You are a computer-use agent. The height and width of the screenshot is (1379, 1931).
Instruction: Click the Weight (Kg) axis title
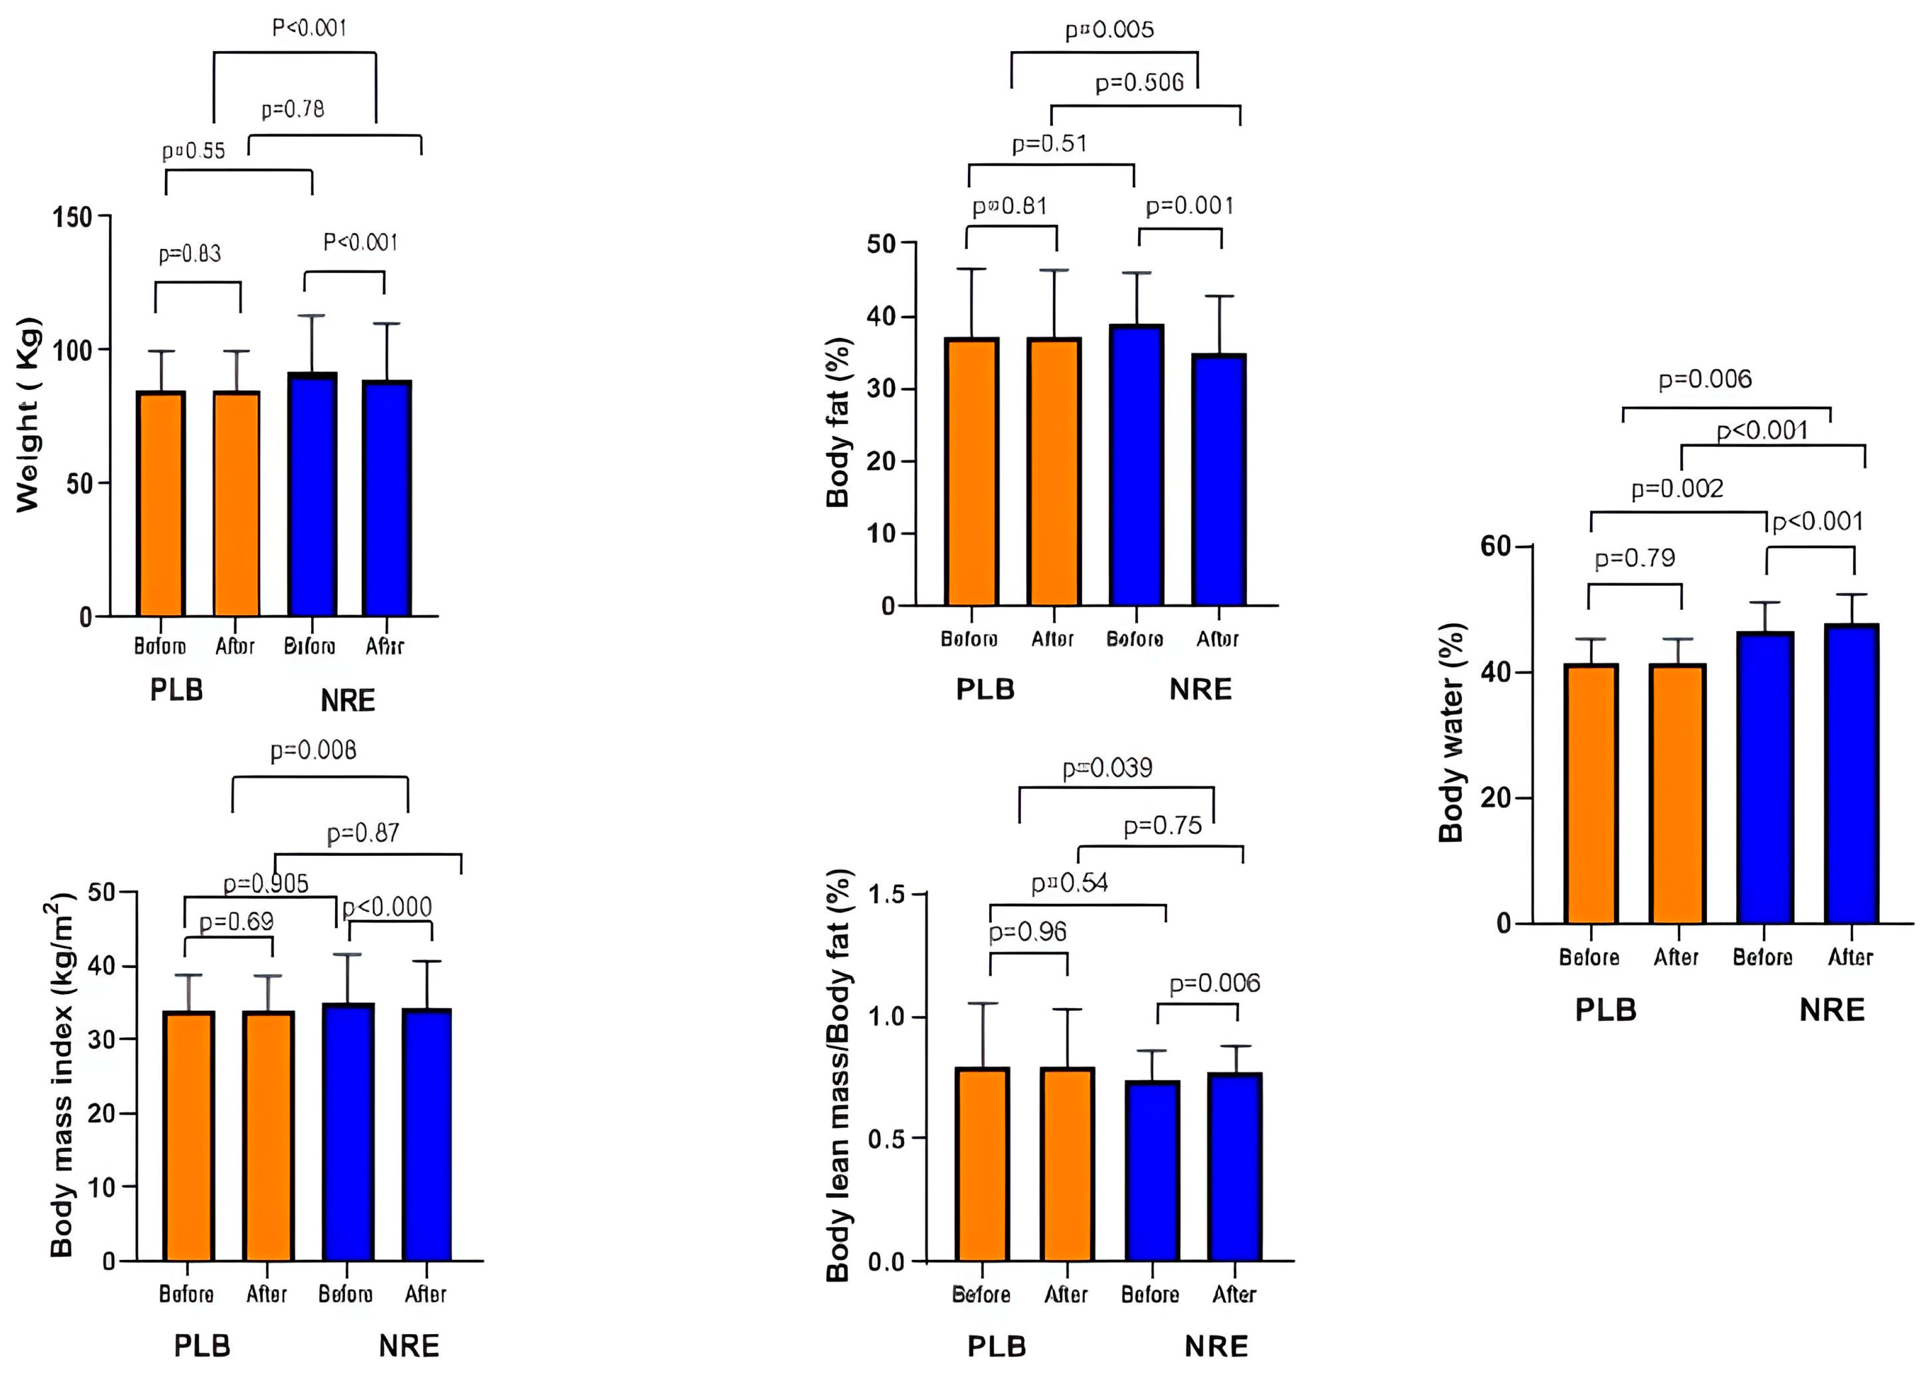[28, 415]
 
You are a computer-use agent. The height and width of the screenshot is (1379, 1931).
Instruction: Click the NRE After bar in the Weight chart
[387, 499]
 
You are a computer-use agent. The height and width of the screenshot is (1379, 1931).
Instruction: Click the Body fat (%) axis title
[838, 423]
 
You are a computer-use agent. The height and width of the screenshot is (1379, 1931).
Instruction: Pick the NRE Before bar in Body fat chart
[1135, 465]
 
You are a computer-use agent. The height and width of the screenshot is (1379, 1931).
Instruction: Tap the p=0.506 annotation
[1139, 83]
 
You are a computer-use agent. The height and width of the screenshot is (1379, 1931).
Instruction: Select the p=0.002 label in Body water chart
[1677, 489]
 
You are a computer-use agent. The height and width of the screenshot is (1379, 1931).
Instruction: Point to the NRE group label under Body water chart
[1832, 1010]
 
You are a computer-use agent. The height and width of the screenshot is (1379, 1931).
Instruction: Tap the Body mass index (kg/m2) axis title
[61, 1075]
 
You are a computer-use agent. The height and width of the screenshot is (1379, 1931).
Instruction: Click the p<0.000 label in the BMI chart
[387, 907]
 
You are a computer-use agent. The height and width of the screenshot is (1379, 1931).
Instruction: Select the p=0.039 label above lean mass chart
[1108, 769]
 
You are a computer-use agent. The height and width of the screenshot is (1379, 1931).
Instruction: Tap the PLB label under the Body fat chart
[985, 689]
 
